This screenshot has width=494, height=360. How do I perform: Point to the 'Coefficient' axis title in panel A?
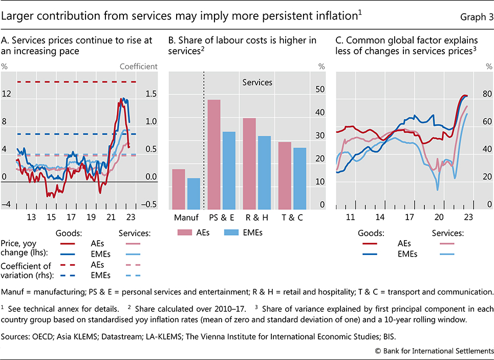point(138,66)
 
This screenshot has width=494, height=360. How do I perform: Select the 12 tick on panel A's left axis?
point(6,94)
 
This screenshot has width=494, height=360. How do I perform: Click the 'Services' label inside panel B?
point(257,82)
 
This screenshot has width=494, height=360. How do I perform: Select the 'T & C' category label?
point(292,217)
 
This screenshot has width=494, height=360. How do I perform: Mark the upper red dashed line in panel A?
point(77,82)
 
